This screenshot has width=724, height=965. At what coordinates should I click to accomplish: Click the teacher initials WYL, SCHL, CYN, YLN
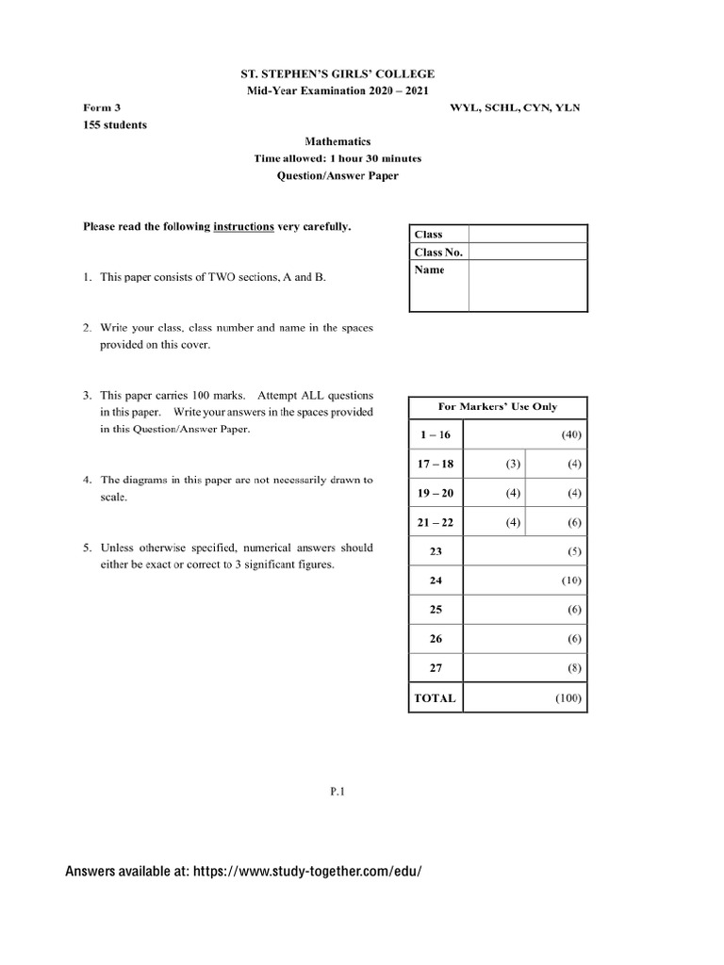(x=516, y=107)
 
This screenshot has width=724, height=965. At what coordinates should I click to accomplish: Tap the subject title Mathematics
(x=337, y=141)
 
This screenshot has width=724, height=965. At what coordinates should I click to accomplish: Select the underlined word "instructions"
(x=243, y=226)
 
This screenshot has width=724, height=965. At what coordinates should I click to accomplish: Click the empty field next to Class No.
(x=528, y=252)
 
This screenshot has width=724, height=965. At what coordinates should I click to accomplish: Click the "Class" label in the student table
(x=428, y=235)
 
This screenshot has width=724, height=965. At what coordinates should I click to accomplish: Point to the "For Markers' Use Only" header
(x=498, y=406)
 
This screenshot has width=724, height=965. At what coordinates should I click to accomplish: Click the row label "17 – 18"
(x=436, y=464)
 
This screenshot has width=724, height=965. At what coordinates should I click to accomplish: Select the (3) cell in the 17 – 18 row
(x=513, y=464)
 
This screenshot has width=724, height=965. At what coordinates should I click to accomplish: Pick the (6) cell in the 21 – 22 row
(x=574, y=522)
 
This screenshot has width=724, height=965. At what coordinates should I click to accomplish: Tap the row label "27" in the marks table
(x=436, y=668)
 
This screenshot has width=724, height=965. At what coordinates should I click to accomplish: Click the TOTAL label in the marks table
(x=435, y=698)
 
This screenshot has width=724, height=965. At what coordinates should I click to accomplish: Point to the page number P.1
(x=338, y=793)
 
